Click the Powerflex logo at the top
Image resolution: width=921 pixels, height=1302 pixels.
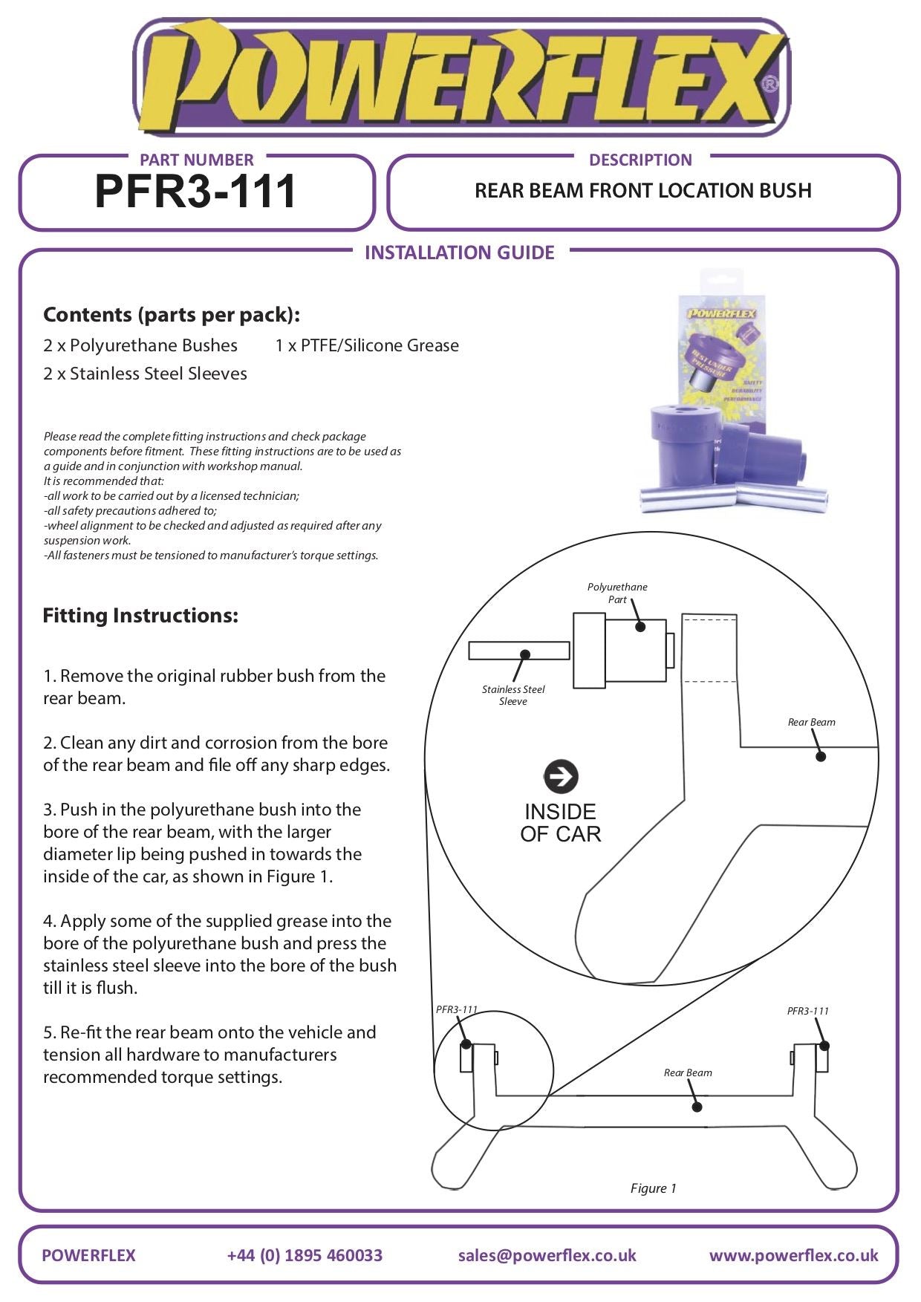pyautogui.click(x=461, y=78)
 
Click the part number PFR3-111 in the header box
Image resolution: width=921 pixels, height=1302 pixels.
pyautogui.click(x=196, y=192)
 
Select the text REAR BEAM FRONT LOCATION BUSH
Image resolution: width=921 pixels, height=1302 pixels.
pyautogui.click(x=642, y=191)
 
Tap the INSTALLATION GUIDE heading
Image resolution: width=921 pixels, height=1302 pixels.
pyautogui.click(x=459, y=253)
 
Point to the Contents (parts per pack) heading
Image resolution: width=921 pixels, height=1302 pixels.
pyautogui.click(x=172, y=315)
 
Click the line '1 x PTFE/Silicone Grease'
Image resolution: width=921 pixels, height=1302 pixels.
pyautogui.click(x=367, y=345)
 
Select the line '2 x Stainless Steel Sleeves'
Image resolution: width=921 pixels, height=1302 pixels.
pyautogui.click(x=145, y=374)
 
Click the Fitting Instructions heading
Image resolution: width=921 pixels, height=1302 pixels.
pyautogui.click(x=140, y=616)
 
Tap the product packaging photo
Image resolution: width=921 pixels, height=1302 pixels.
pyautogui.click(x=732, y=394)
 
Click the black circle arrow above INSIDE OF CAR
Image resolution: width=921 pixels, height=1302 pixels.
pyautogui.click(x=561, y=777)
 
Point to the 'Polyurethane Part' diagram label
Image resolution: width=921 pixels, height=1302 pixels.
pyautogui.click(x=617, y=593)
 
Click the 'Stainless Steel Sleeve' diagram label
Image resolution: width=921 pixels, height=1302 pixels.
pyautogui.click(x=513, y=695)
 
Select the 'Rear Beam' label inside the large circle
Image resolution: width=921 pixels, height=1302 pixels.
pyautogui.click(x=811, y=722)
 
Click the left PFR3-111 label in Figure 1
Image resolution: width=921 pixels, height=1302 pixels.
pyautogui.click(x=456, y=1009)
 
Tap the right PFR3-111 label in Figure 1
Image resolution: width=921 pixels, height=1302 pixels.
pyautogui.click(x=808, y=1011)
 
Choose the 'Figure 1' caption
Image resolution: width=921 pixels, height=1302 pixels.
pyautogui.click(x=653, y=1188)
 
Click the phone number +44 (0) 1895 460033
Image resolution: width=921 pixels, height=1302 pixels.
pyautogui.click(x=305, y=1255)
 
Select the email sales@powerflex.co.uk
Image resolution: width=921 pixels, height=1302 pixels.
pyautogui.click(x=547, y=1255)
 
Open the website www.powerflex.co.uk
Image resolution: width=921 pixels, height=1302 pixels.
pyautogui.click(x=793, y=1255)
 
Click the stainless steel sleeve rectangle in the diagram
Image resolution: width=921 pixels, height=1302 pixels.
pyautogui.click(x=518, y=651)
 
